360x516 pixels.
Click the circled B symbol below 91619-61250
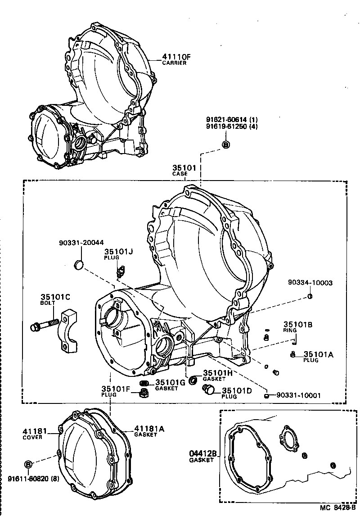click(x=226, y=144)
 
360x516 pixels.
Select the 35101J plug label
click(x=119, y=252)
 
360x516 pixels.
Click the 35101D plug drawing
click(x=208, y=393)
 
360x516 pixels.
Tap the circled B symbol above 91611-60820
click(x=28, y=464)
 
